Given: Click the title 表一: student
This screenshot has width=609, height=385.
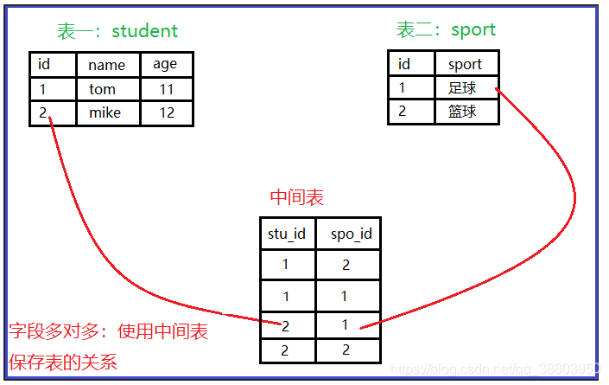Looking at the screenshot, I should point(117,31).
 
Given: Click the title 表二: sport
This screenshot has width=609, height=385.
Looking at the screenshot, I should point(446,29).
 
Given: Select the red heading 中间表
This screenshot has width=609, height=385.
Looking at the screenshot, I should point(297,197).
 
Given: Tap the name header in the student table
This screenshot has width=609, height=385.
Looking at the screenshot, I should point(107,65).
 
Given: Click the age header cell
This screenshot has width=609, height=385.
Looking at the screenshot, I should point(165,64).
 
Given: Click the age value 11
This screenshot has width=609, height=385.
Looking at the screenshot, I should point(166,89).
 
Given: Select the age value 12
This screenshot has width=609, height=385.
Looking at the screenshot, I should point(166,113).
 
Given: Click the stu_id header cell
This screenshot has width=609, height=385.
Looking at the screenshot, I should point(287,234).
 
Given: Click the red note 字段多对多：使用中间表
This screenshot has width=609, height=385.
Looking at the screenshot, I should point(109,331).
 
